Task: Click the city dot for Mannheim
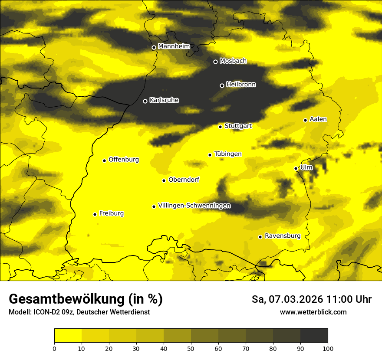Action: point(154,48)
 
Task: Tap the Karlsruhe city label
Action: point(164,100)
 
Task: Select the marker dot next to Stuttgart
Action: point(220,127)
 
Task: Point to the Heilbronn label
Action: point(241,85)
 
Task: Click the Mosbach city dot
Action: point(215,62)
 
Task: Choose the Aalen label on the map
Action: point(318,119)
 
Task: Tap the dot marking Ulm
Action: point(296,168)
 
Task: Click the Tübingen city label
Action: point(228,154)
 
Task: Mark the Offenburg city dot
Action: point(104,160)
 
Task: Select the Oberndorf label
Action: point(184,180)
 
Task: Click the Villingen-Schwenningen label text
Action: point(194,206)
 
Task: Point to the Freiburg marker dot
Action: point(95,214)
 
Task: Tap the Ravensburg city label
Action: point(283,236)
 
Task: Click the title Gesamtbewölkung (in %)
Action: point(86,299)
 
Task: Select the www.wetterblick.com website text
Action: point(313,312)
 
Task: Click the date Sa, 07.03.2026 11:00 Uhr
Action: point(312,299)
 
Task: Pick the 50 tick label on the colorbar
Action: point(191,348)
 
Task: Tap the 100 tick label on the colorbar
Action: point(328,348)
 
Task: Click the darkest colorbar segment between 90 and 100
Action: point(314,336)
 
